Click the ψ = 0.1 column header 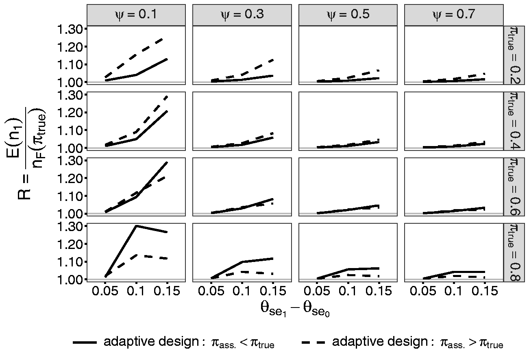pyautogui.click(x=136, y=15)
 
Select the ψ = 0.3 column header pyautogui.click(x=242, y=15)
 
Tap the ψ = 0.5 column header pyautogui.click(x=348, y=15)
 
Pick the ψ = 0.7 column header pyautogui.click(x=454, y=15)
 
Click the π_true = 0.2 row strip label pyautogui.click(x=514, y=55)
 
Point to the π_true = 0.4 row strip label pyautogui.click(x=514, y=121)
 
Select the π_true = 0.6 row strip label pyautogui.click(x=514, y=187)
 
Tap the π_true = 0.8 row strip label pyautogui.click(x=514, y=252)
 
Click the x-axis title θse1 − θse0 pyautogui.click(x=295, y=309)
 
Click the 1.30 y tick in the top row pyautogui.click(x=70, y=29)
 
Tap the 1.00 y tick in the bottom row pyautogui.click(x=70, y=280)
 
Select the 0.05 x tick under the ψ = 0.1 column pyautogui.click(x=105, y=291)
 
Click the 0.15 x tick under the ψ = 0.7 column pyautogui.click(x=485, y=291)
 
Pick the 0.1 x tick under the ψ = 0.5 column pyautogui.click(x=348, y=291)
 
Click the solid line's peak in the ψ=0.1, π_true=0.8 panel pyautogui.click(x=136, y=226)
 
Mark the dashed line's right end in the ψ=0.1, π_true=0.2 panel pyautogui.click(x=163, y=39)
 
